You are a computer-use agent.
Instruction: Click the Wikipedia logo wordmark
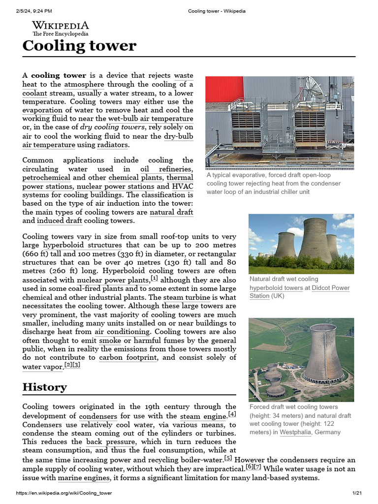(x=61, y=26)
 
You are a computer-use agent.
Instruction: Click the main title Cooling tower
(x=79, y=46)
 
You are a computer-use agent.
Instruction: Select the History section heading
(x=45, y=387)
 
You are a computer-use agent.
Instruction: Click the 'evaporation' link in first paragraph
(x=42, y=110)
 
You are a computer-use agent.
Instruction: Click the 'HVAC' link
(x=182, y=187)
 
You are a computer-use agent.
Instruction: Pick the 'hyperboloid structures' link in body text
(x=82, y=245)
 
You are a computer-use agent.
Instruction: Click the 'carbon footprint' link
(x=128, y=357)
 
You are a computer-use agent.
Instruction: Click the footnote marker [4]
(x=232, y=414)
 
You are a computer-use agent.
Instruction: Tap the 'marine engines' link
(x=83, y=477)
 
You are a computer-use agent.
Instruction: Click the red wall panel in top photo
(x=224, y=89)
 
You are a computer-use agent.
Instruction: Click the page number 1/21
(x=357, y=493)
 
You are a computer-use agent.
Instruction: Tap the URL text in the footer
(x=64, y=493)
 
